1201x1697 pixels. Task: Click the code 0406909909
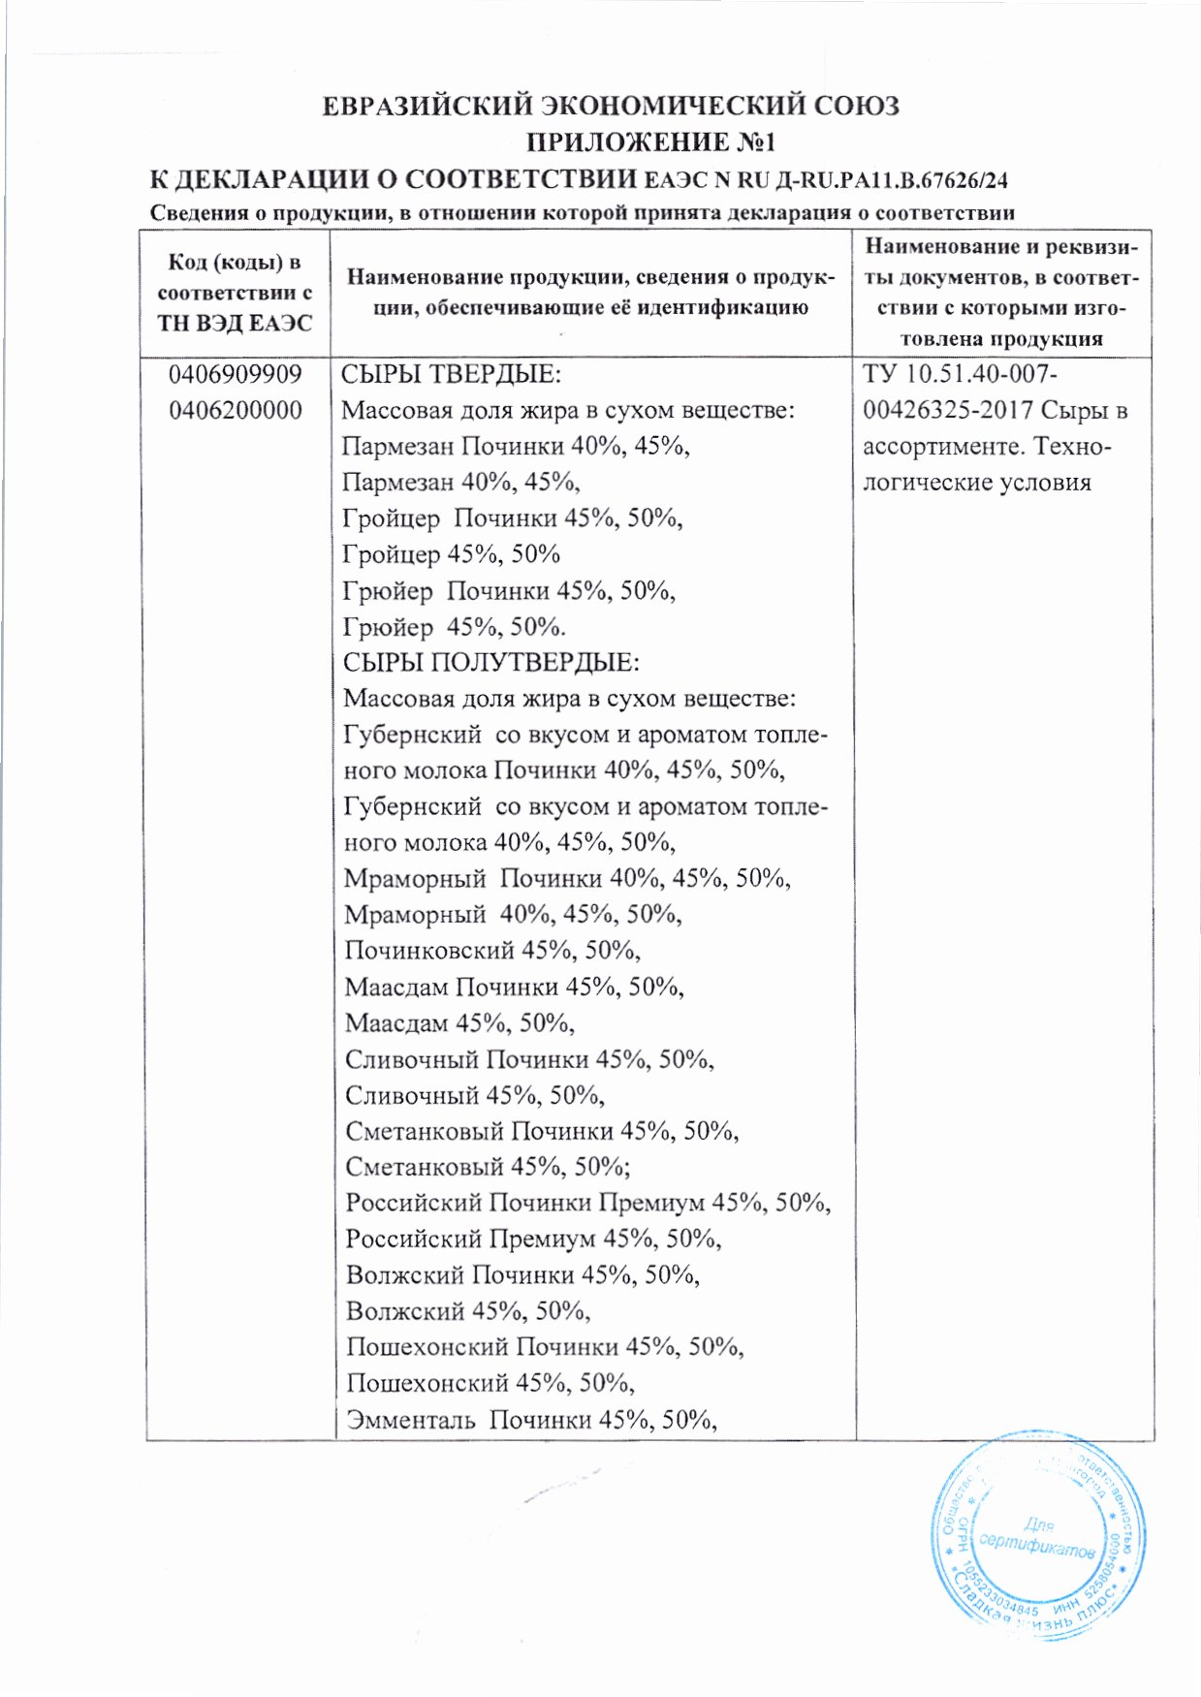point(235,374)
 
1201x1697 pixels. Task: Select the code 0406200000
point(235,410)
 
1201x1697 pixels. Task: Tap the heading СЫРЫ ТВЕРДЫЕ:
point(451,374)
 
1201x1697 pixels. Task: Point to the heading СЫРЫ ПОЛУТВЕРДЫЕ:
point(490,663)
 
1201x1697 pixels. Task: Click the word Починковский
point(429,950)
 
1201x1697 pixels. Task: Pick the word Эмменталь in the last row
point(410,1420)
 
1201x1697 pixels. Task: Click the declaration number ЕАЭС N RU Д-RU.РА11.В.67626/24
point(827,180)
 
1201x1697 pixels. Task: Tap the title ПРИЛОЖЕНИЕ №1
point(650,142)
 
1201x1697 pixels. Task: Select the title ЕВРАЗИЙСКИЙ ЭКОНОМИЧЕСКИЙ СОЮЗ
point(611,105)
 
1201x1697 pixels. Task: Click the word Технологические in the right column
point(987,464)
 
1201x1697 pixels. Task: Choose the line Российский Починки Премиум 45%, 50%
point(587,1203)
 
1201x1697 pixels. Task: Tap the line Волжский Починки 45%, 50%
point(522,1274)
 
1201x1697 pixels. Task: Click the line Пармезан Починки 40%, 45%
point(516,446)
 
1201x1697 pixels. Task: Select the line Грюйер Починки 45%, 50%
point(509,590)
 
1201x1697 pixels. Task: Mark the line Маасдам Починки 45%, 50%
point(514,987)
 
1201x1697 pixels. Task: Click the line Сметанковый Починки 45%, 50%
point(542,1131)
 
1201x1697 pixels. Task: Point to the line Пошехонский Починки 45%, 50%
point(545,1347)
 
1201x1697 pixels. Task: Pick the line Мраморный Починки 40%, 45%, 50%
point(567,878)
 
